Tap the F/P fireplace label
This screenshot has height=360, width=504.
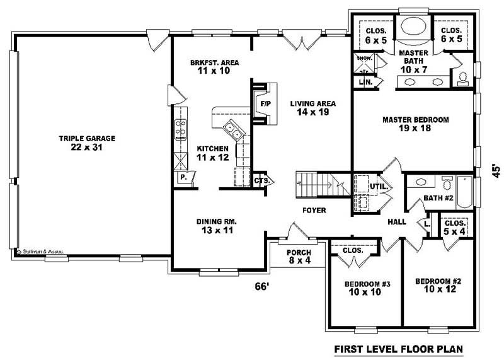click(x=265, y=103)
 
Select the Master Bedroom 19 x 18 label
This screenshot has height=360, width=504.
click(x=415, y=124)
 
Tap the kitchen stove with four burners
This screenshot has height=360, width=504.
click(x=180, y=128)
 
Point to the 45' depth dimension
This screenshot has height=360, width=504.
click(x=496, y=171)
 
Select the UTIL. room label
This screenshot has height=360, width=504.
click(x=377, y=187)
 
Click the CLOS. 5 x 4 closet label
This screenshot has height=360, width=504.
click(x=454, y=227)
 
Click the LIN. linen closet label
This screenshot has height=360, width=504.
click(x=364, y=83)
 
